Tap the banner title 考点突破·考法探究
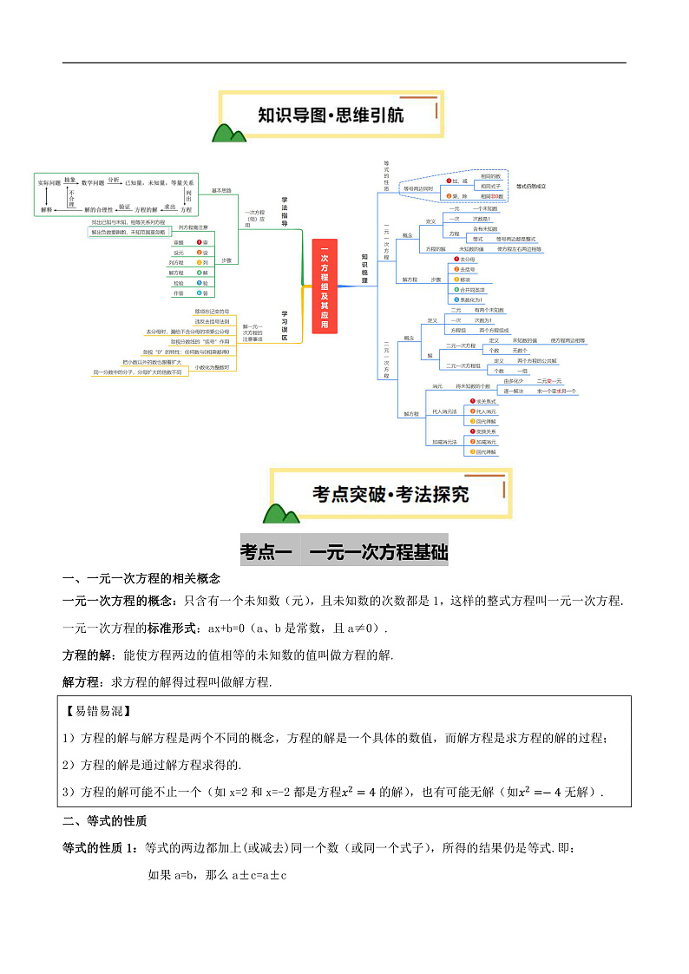[390, 494]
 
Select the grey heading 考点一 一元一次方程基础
[344, 550]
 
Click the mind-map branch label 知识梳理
[364, 269]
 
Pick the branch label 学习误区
[284, 325]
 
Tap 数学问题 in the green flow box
[93, 182]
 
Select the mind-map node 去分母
[468, 260]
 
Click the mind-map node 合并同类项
[473, 289]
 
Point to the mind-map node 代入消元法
[445, 411]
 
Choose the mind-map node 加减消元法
[445, 442]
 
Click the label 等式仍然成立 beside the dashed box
[531, 186]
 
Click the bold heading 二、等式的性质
[104, 820]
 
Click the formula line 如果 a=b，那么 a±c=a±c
[217, 875]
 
